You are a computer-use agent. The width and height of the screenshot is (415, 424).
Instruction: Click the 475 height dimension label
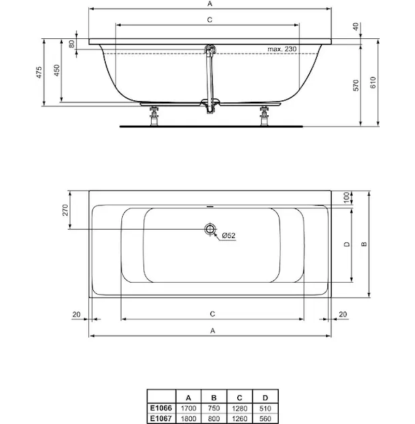[40, 73]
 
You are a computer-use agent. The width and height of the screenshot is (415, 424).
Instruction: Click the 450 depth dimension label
[56, 70]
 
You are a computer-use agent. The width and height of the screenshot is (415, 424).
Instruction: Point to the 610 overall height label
[373, 83]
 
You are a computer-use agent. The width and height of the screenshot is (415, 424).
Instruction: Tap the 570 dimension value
[356, 86]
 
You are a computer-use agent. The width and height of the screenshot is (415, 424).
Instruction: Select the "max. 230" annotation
[282, 49]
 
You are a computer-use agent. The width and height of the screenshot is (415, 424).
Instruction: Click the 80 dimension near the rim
[71, 44]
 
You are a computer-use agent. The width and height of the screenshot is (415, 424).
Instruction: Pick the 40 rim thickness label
[356, 27]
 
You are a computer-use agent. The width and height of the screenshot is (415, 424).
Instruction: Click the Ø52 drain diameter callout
[229, 235]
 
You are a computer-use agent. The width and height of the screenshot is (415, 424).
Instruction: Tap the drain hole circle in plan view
[210, 229]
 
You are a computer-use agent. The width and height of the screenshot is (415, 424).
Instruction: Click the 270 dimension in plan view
[66, 210]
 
